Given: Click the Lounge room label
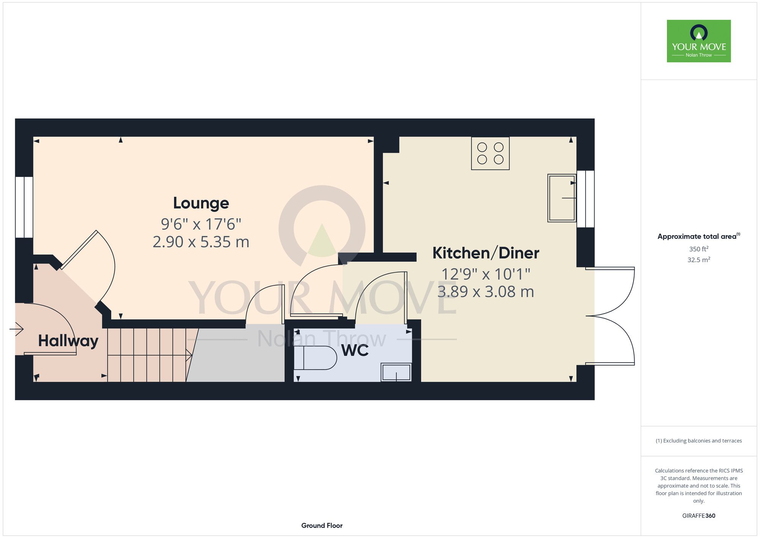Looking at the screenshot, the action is [x=201, y=203].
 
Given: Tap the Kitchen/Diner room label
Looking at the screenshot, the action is [x=486, y=253].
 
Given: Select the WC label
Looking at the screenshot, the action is [x=355, y=350].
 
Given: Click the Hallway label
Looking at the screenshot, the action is [x=68, y=341].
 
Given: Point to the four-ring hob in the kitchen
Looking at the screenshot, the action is [x=490, y=153].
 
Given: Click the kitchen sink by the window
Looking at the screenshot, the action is [x=562, y=198].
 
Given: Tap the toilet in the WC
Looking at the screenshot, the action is [x=315, y=358].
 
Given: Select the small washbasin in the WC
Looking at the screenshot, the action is [x=396, y=372].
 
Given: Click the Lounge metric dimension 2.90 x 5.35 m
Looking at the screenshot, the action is [x=201, y=242].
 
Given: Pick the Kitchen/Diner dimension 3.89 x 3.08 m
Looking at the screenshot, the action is [x=486, y=292].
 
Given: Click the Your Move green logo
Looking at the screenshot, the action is [x=699, y=41].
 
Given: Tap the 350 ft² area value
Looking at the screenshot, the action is [x=699, y=249].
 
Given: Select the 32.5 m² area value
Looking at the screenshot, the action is [x=699, y=259].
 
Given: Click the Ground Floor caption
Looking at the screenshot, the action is [x=322, y=525].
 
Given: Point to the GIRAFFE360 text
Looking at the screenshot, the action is [x=699, y=516].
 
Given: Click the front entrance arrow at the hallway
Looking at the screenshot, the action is [x=17, y=329].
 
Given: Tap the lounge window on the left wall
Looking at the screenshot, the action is [x=24, y=207].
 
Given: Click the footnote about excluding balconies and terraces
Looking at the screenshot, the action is [x=699, y=441].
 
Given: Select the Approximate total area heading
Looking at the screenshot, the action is [x=699, y=236].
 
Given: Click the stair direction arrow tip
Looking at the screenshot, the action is [x=192, y=355].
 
